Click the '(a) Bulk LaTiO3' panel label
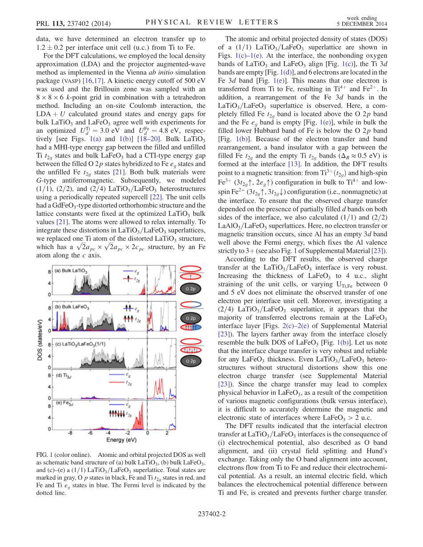pyautogui.click(x=72, y=270)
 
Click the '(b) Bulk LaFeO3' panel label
pyautogui.click(x=72, y=307)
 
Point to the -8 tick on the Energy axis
pyautogui.click(x=70, y=432)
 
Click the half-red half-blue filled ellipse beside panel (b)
pyautogui.click(x=190, y=327)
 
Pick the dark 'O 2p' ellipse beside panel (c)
pyautogui.click(x=190, y=361)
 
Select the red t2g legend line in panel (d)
pyautogui.click(x=116, y=382)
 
